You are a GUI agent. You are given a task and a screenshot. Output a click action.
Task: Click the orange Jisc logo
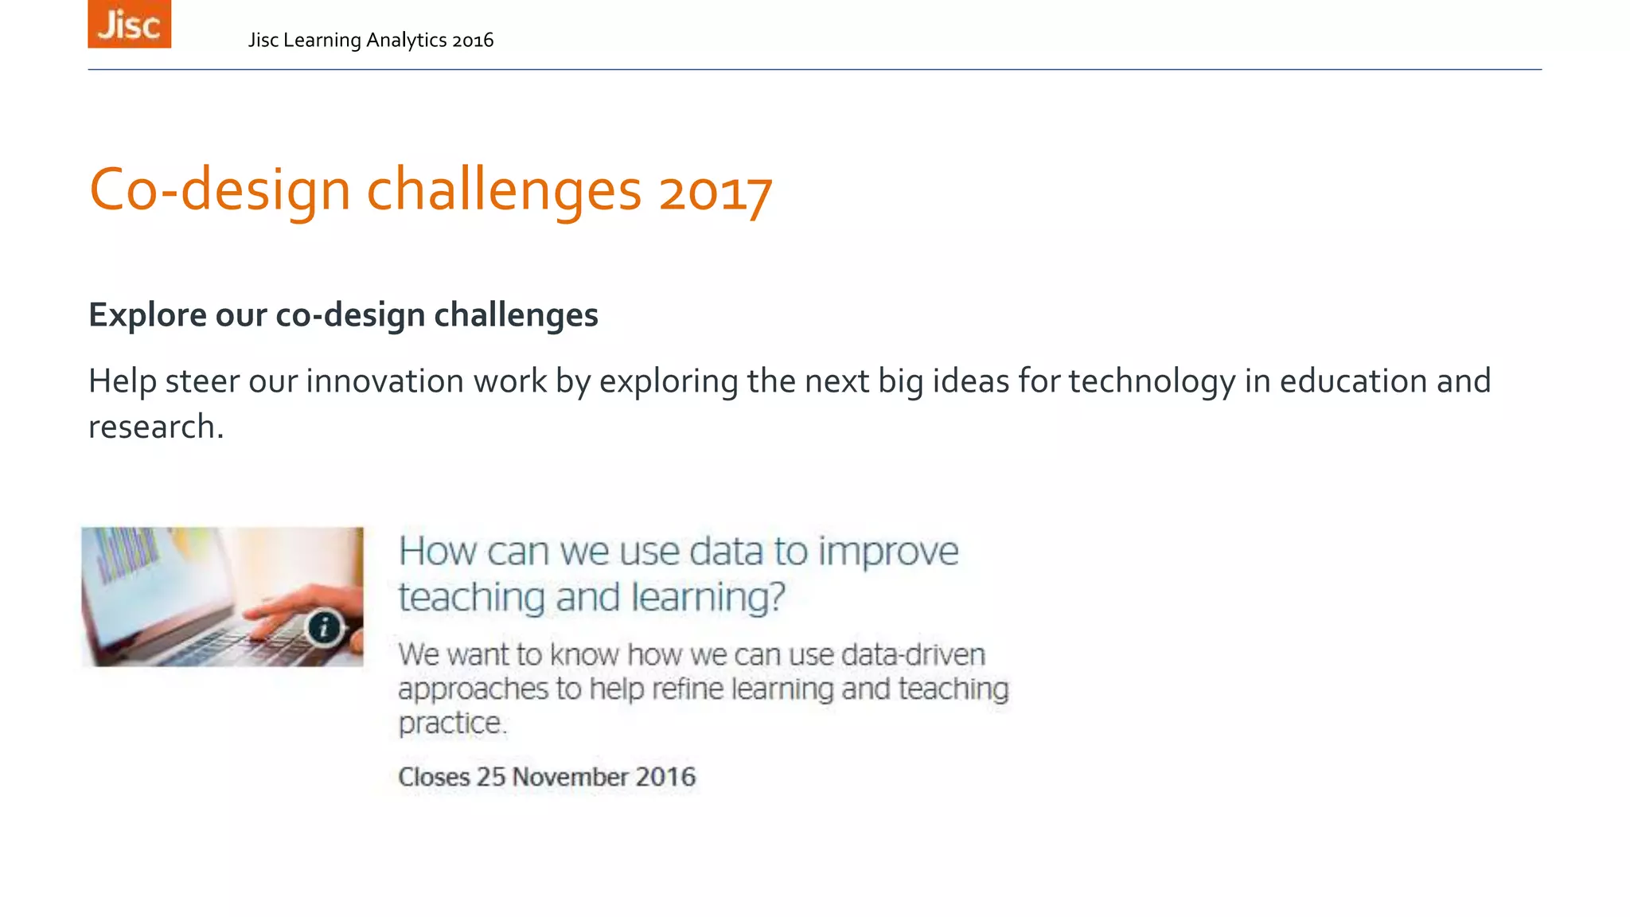point(129,24)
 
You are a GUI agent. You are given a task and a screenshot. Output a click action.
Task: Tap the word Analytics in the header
point(406,41)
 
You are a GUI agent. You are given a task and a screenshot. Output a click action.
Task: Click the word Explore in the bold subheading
point(147,315)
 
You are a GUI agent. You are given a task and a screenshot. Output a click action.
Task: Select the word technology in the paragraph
point(1151,381)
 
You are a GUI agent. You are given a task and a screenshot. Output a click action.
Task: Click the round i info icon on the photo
point(324,628)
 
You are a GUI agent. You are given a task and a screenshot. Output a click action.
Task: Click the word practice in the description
point(450,724)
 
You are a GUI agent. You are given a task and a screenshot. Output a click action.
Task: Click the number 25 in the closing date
point(491,777)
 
